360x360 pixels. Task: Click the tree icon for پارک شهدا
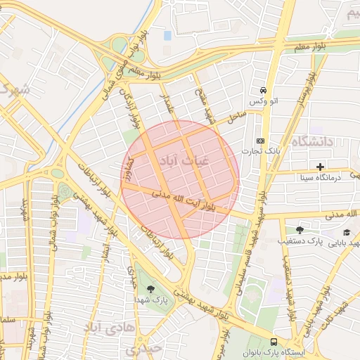tap(150, 288)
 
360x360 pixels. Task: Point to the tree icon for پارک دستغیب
tap(300, 230)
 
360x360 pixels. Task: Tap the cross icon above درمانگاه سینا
tap(321, 167)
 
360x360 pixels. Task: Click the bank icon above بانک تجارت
tap(260, 141)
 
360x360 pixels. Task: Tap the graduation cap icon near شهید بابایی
tap(346, 232)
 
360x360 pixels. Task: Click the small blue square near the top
tap(167, 35)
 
